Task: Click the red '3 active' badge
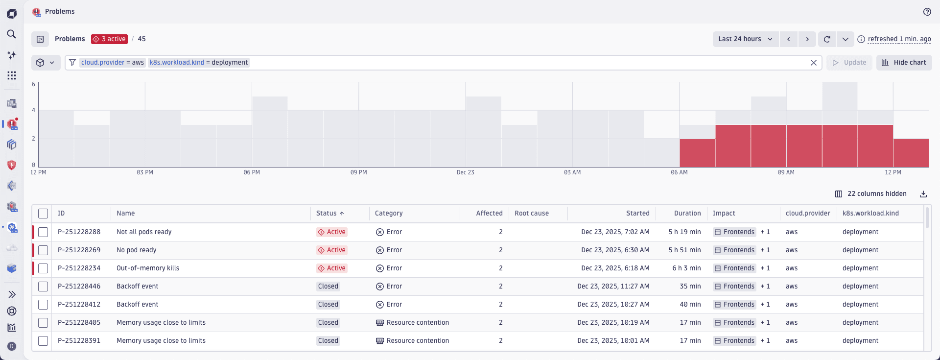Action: coord(109,39)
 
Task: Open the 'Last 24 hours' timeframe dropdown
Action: coord(745,39)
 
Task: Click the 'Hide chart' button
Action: coord(904,63)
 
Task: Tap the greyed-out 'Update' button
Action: coord(849,63)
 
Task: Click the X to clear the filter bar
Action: coord(813,63)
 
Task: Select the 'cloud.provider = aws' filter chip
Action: coord(113,63)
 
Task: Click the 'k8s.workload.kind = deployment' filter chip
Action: coord(199,63)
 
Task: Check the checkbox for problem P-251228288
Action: coord(43,232)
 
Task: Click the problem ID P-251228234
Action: coord(79,268)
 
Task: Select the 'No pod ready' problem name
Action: coord(137,250)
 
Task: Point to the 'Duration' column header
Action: coord(687,214)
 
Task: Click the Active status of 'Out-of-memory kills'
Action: coord(332,268)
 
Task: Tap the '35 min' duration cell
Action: coord(690,287)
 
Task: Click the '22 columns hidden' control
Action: coord(870,194)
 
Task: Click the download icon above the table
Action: coord(923,194)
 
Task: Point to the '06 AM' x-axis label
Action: coord(679,172)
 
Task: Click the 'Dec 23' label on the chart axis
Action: coord(465,172)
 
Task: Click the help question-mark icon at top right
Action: coord(927,12)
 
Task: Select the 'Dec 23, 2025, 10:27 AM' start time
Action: coord(613,305)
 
